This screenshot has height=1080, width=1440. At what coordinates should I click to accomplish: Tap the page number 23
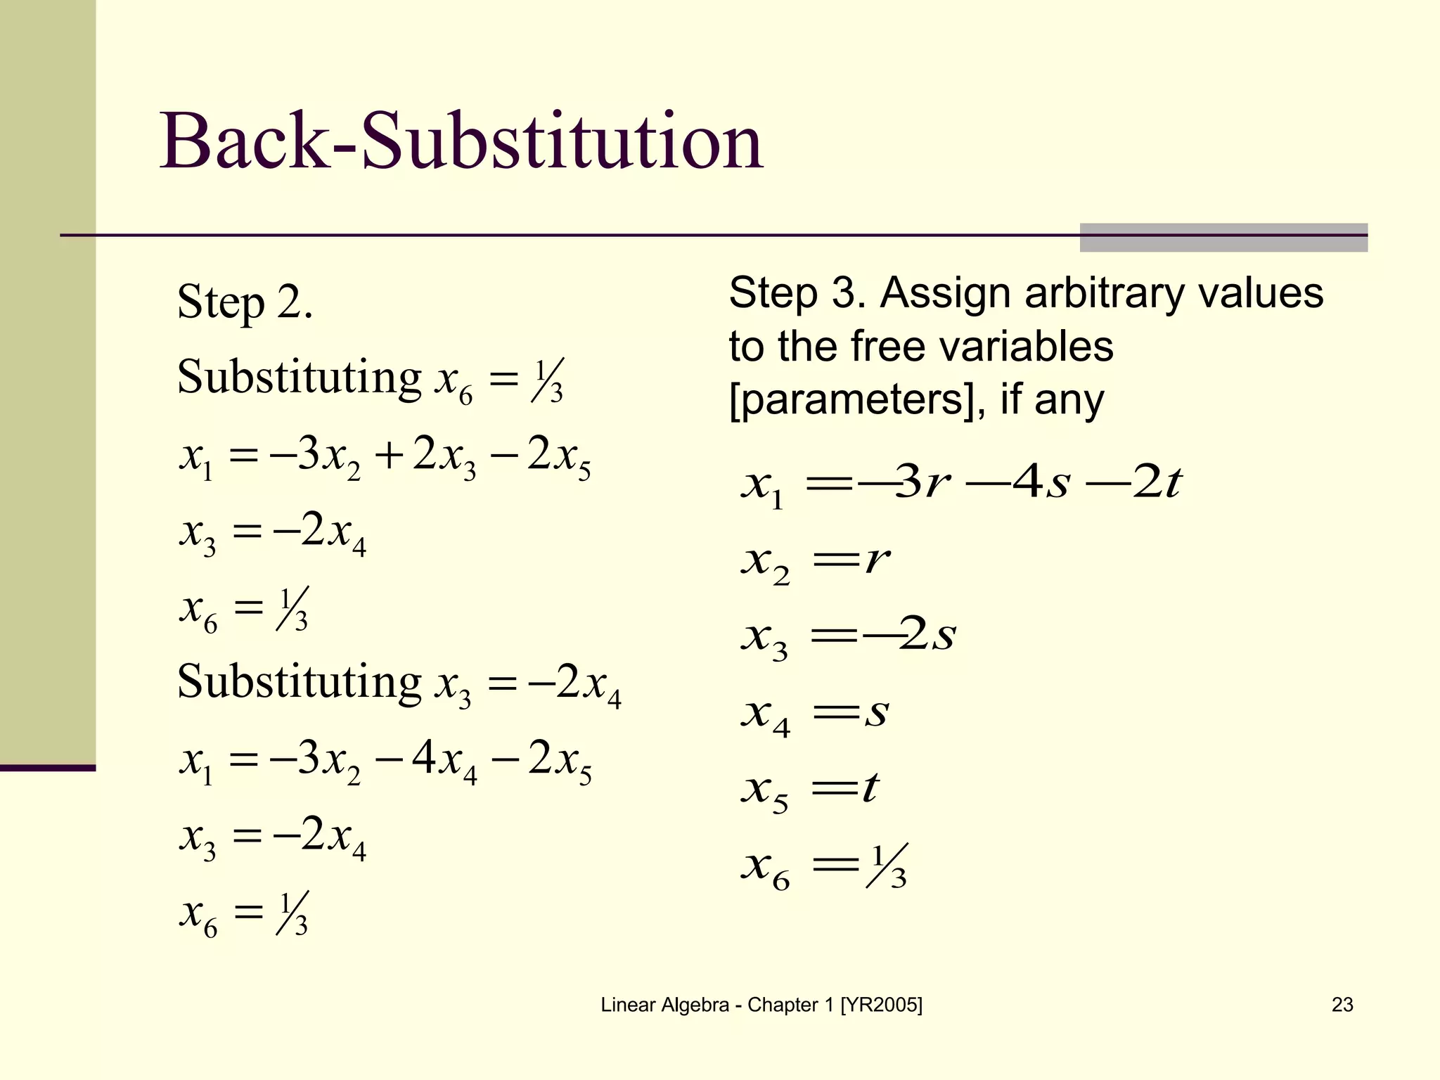[1342, 1005]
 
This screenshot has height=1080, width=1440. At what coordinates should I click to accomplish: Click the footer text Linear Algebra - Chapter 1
[761, 1005]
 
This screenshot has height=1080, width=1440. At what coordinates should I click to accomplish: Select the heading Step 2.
[245, 302]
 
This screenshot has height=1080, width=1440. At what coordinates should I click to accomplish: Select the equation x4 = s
[816, 713]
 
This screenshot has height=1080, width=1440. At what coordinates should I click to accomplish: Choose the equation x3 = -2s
[848, 636]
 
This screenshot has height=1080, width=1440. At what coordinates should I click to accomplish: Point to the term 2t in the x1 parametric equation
[1156, 483]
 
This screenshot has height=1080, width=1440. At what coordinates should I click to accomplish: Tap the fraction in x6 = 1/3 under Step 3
[888, 866]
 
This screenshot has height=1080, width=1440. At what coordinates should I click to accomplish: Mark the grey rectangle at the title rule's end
[1223, 238]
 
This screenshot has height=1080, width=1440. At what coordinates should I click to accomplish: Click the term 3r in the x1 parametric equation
[924, 483]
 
